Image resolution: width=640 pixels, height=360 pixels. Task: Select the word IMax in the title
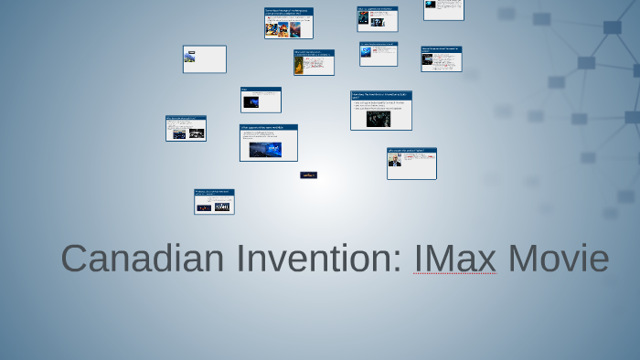[454, 259]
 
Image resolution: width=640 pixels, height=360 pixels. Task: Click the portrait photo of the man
[395, 161]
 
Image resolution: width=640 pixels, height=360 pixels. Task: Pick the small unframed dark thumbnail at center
[309, 175]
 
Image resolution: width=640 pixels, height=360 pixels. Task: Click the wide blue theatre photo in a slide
[265, 148]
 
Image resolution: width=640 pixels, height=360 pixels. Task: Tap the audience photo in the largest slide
[379, 119]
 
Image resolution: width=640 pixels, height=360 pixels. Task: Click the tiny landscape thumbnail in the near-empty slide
[190, 57]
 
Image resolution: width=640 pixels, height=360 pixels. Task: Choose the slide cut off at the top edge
[443, 9]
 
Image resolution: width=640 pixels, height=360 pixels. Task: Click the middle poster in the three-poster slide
[283, 28]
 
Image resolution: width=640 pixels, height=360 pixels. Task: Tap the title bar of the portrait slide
[411, 151]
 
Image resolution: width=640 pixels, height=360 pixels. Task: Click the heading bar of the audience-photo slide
[381, 95]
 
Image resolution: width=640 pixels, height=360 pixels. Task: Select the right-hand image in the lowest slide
[221, 207]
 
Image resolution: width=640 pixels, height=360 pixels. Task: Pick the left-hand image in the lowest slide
[204, 207]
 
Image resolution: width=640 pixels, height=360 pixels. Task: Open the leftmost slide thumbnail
[186, 128]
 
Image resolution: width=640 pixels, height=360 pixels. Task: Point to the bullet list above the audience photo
[379, 106]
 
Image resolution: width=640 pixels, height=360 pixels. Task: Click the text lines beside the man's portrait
[420, 161]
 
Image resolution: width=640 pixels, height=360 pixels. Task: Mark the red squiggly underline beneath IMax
[454, 273]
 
